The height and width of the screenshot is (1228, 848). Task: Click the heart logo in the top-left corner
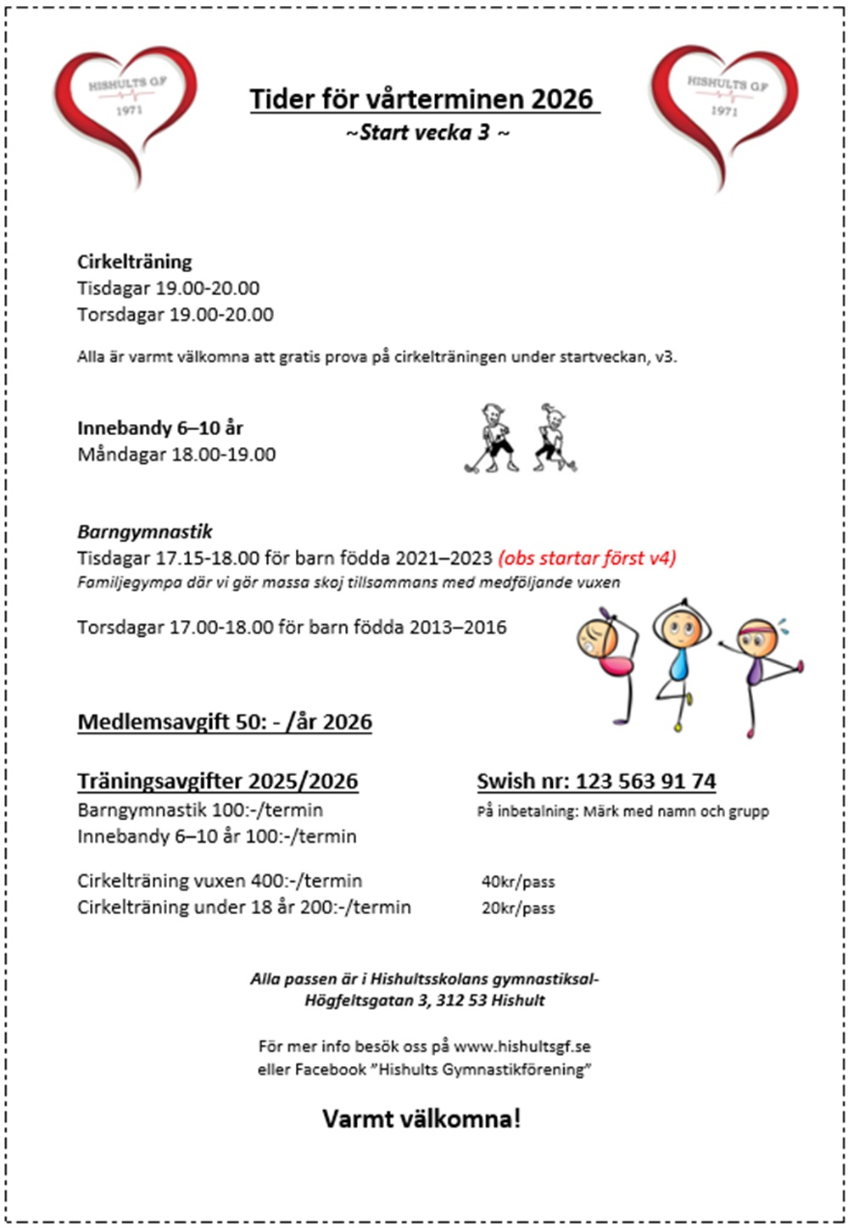coord(125,110)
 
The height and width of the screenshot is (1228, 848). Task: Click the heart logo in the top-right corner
coord(724,110)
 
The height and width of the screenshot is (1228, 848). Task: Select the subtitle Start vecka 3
coord(427,132)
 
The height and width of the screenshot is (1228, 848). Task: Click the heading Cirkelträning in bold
coord(135,261)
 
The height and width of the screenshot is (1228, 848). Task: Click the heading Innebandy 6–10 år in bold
coord(160,427)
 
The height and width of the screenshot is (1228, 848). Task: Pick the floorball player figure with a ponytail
coord(554,437)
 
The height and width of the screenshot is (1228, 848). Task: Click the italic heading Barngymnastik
coord(145,532)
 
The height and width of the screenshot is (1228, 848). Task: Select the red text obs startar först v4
coord(587,559)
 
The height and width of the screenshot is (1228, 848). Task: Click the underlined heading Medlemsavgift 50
coord(225,722)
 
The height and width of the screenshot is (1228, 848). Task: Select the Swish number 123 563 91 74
coord(645,781)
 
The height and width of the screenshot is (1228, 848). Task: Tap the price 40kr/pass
coord(518,882)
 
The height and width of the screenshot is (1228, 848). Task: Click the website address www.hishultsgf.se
coord(522,1047)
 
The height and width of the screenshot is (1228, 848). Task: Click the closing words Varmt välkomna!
coord(421,1119)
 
